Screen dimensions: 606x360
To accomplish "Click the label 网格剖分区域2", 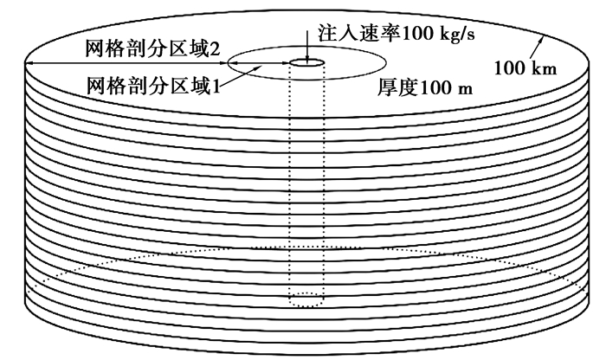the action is (153, 49).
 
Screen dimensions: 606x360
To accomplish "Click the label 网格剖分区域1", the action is (153, 86).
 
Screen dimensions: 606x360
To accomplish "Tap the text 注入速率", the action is (359, 32).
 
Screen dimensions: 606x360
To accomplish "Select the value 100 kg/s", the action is (438, 34).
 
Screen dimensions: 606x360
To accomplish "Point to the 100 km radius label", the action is (525, 68).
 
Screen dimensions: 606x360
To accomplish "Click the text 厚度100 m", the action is (425, 87).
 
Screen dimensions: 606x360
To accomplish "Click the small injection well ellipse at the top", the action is (306, 62).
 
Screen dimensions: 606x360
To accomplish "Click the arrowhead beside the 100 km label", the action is (542, 38).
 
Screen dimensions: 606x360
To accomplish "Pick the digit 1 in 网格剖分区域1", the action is (216, 86).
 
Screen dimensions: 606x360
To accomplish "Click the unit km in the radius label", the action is (545, 68).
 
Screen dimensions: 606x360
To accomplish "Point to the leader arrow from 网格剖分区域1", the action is (242, 74).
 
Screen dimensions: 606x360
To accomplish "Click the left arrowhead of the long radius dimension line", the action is (29, 63).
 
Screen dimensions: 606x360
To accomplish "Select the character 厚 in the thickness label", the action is (387, 87).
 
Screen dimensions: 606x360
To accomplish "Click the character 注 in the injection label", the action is (328, 32).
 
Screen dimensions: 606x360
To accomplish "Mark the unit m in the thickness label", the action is (466, 90).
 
